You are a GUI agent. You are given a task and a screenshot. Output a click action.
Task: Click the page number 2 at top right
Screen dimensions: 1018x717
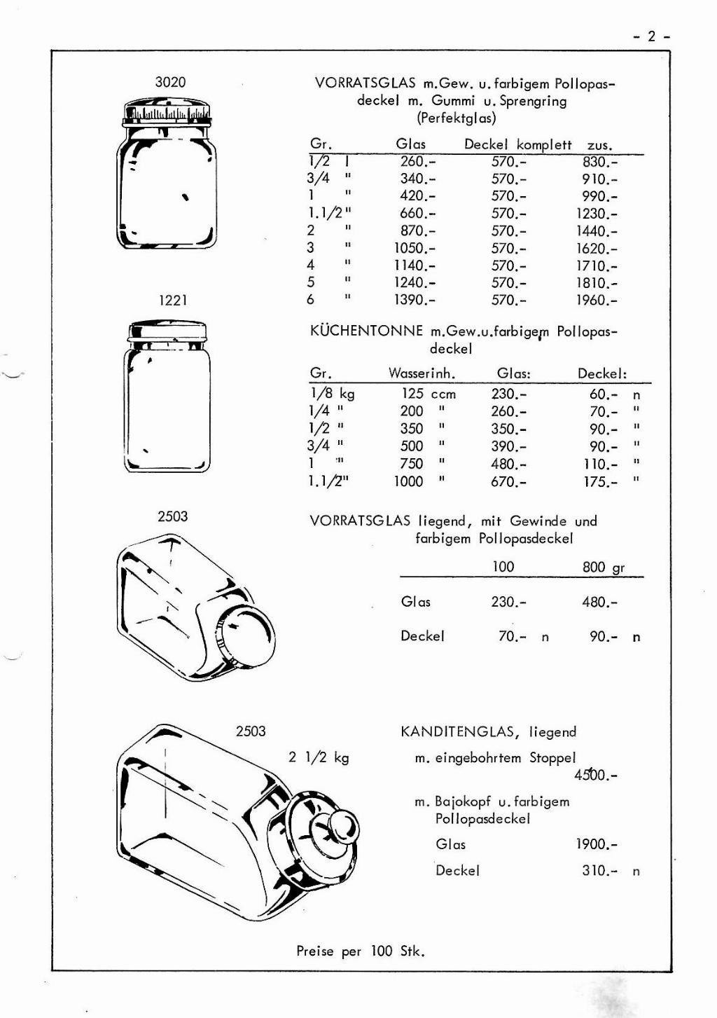[651, 36]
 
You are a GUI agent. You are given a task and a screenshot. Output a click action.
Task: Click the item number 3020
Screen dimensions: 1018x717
[170, 82]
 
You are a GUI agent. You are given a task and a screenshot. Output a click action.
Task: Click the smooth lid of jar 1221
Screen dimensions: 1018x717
[167, 330]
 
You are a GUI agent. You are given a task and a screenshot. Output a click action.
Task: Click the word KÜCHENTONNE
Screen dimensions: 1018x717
[366, 331]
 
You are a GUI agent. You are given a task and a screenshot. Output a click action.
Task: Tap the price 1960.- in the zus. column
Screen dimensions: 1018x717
[597, 301]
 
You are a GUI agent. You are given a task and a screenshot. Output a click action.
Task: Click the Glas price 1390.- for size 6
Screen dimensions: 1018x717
[414, 300]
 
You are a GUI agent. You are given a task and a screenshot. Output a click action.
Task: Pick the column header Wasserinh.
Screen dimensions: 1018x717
[422, 373]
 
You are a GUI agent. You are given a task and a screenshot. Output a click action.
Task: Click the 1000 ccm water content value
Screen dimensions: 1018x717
[409, 481]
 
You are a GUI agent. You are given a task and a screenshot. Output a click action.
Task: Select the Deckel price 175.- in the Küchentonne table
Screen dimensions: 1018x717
[601, 481]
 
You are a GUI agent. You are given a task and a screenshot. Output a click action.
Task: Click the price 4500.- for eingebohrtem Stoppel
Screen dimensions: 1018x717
[595, 775]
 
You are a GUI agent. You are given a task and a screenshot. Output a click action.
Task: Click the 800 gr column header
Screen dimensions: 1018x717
[603, 567]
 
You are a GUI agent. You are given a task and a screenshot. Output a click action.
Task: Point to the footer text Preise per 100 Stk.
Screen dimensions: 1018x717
[361, 951]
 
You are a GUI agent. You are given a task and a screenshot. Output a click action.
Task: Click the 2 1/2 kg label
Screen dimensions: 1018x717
[319, 757]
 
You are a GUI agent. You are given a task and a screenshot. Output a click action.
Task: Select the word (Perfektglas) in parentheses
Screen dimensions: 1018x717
[456, 118]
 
